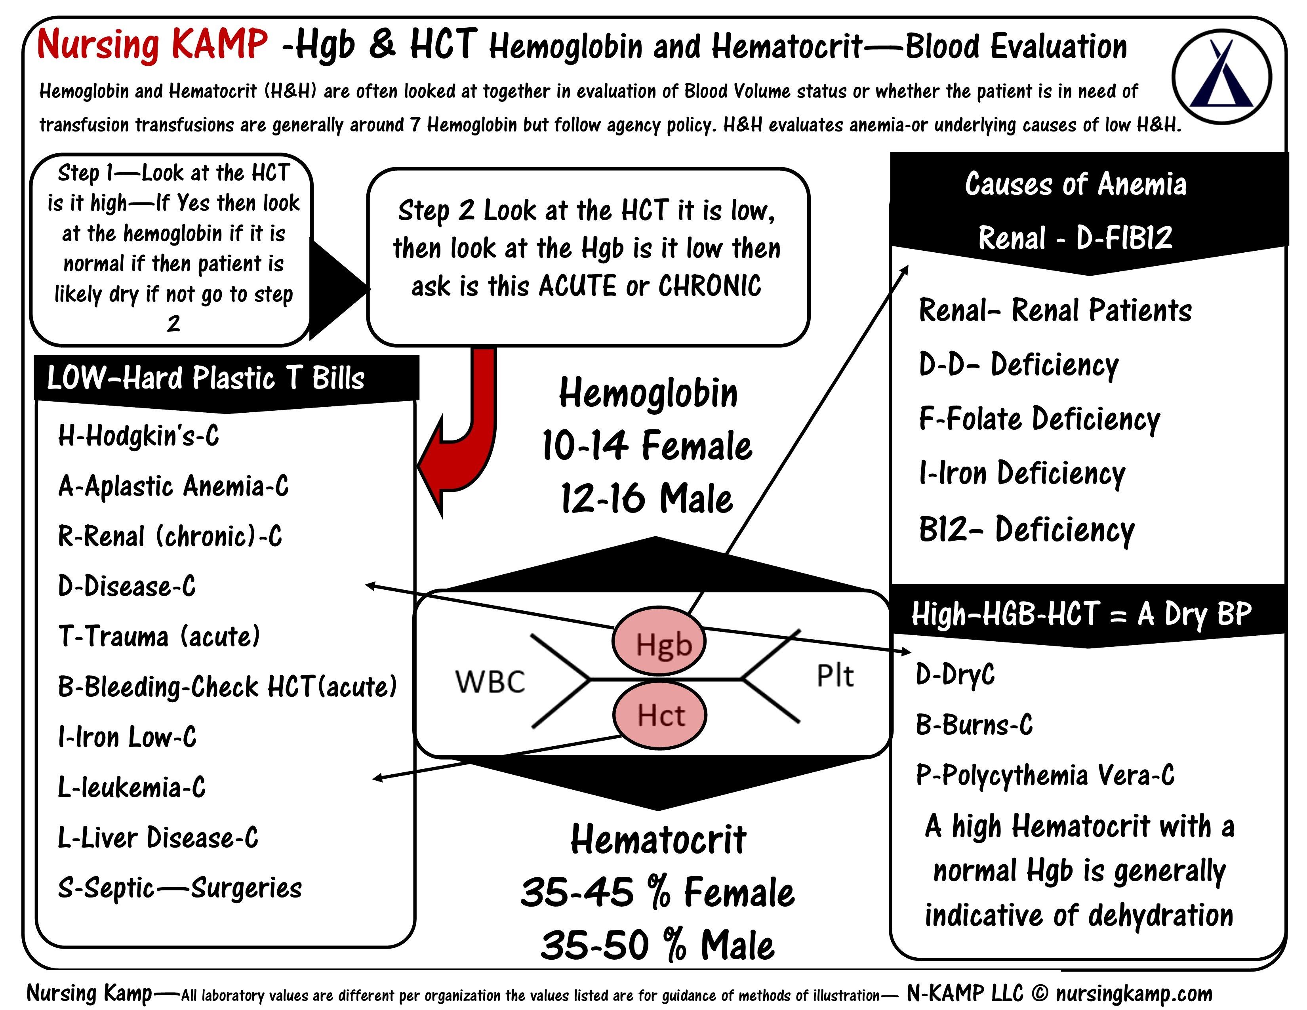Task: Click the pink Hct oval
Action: (x=659, y=715)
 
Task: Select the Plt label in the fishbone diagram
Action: (x=835, y=676)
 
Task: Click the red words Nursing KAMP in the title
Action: (x=152, y=45)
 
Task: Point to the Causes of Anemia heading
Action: (x=1075, y=184)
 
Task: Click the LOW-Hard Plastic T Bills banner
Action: (x=206, y=378)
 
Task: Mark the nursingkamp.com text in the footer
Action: (x=1134, y=993)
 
